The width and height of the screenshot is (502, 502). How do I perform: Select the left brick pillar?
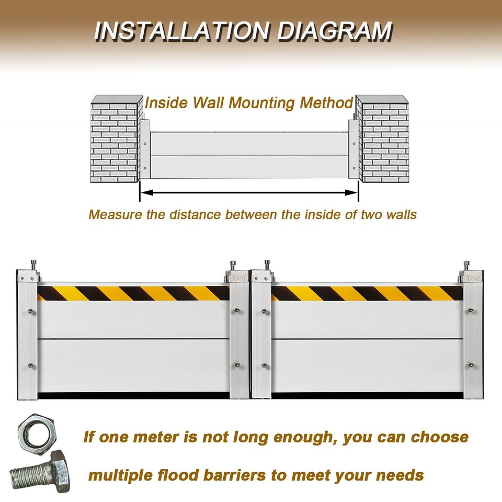click(116, 140)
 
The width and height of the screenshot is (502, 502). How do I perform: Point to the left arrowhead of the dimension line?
click(146, 192)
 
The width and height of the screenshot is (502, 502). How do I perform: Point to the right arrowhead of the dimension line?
click(352, 192)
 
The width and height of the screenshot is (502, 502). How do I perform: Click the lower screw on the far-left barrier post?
click(31, 365)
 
